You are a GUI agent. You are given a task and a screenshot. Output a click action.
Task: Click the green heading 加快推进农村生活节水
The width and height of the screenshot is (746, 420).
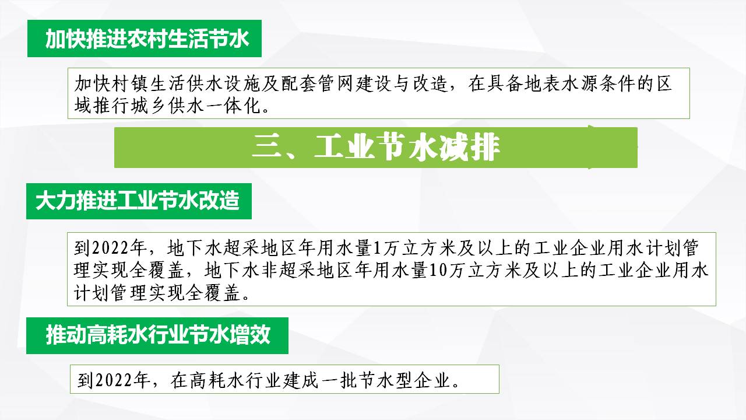click(x=147, y=38)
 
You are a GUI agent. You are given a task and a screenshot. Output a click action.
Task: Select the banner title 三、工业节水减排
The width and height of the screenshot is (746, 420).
click(x=376, y=148)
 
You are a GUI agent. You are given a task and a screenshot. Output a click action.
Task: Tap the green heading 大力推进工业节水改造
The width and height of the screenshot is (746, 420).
click(x=137, y=201)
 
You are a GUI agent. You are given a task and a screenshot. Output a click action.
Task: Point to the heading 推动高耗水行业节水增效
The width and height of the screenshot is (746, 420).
click(x=158, y=335)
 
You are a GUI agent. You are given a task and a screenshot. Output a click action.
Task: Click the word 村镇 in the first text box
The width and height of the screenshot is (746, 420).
click(x=122, y=83)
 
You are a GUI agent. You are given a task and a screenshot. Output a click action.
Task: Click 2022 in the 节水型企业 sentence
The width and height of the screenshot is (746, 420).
click(x=113, y=380)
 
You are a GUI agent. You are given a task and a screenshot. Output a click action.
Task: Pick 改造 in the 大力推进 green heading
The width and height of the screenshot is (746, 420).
click(x=219, y=201)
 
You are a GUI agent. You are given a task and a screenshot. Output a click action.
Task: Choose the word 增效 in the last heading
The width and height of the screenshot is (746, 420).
click(x=250, y=335)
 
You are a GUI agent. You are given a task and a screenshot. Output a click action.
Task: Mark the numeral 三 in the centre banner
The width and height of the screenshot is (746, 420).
click(x=266, y=148)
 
